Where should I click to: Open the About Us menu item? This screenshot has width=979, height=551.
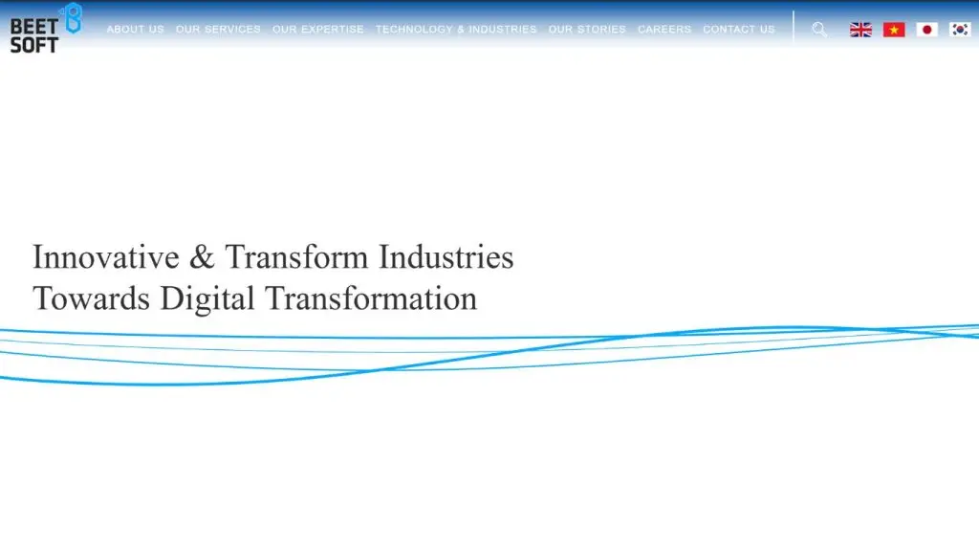pyautogui.click(x=135, y=30)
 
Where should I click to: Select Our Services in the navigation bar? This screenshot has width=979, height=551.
pyautogui.click(x=218, y=30)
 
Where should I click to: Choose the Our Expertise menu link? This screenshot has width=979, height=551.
pyautogui.click(x=317, y=30)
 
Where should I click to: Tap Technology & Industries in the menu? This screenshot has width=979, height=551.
pyautogui.click(x=456, y=30)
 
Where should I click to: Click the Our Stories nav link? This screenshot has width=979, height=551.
pyautogui.click(x=587, y=30)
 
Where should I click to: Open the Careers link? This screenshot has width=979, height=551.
pyautogui.click(x=664, y=30)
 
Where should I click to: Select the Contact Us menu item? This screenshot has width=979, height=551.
pyautogui.click(x=739, y=30)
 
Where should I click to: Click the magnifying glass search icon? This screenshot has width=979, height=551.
pyautogui.click(x=819, y=30)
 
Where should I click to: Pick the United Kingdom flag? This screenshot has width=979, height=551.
pyautogui.click(x=861, y=30)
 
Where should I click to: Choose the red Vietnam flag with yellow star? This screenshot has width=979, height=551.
pyautogui.click(x=894, y=30)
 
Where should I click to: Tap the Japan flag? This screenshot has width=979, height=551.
pyautogui.click(x=927, y=30)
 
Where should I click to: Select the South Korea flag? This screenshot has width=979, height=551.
pyautogui.click(x=960, y=30)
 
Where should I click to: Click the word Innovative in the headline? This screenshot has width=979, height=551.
pyautogui.click(x=106, y=257)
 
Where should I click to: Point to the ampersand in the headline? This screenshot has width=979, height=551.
pyautogui.click(x=203, y=257)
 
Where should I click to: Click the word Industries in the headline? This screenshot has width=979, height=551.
pyautogui.click(x=446, y=257)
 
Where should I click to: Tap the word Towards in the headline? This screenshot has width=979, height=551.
pyautogui.click(x=92, y=298)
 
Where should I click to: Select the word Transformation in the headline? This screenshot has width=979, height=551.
pyautogui.click(x=371, y=298)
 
